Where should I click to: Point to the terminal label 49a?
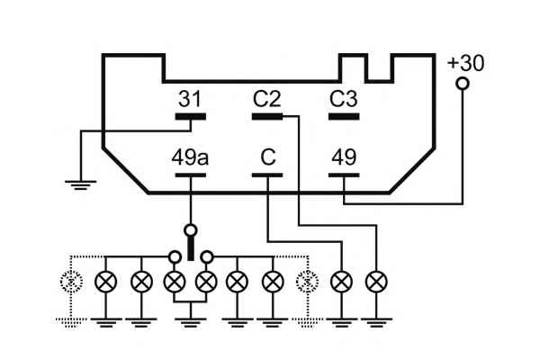(190, 157)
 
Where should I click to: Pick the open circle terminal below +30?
(463, 85)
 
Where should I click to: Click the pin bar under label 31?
(190, 116)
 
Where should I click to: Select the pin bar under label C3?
(344, 116)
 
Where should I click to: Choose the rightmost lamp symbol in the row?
(375, 282)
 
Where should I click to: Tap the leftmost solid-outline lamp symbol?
(106, 282)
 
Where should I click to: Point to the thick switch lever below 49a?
(190, 245)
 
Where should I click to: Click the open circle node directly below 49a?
(190, 229)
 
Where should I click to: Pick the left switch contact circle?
(175, 256)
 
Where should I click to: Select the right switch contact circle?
(206, 256)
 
